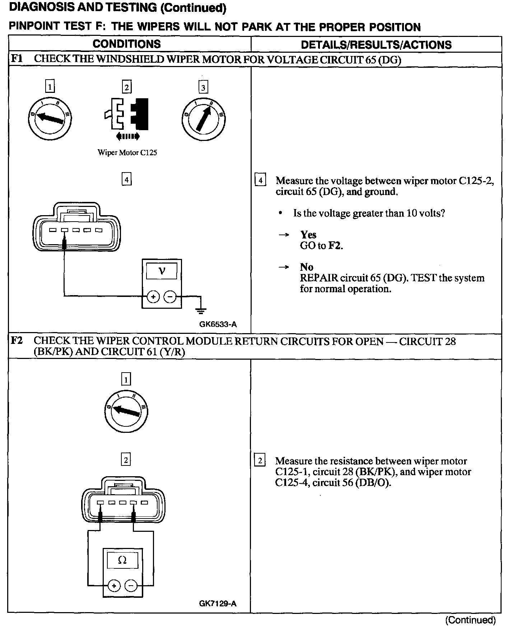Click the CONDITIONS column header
pos(126,44)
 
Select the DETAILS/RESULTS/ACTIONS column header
pos(376,45)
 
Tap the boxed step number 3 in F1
pos(203,87)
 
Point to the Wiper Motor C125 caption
pos(127,152)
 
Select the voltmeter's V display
pos(162,271)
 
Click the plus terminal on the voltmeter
pos(153,297)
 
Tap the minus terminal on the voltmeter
pos(170,297)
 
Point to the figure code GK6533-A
pos(218,325)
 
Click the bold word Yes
pos(308,235)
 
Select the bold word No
pos(307,267)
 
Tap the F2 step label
pos(17,340)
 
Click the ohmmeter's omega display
pos(122,560)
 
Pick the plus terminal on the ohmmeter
pos(114,586)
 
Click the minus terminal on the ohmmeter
pos(131,586)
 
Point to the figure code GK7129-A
pos(218,604)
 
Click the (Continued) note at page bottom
pos(470,620)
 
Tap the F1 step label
pos(17,58)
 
